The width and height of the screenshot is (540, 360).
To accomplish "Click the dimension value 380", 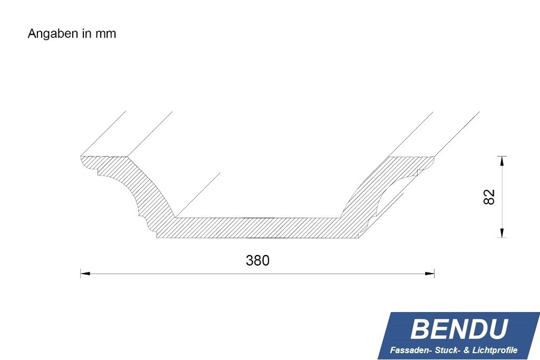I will tap(257, 260).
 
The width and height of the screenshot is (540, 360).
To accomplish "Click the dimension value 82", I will tap(489, 197).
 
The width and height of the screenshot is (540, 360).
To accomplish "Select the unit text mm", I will tap(105, 34).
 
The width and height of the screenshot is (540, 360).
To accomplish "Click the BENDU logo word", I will tap(458, 329).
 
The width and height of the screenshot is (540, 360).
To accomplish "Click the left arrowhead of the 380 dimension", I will tap(84, 274).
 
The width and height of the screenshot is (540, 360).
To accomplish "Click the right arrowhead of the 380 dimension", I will tap(430, 274).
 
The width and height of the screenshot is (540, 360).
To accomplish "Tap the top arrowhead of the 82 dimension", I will tap(502, 160).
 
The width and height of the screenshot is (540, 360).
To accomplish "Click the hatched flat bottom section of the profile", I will tap(258, 227).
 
